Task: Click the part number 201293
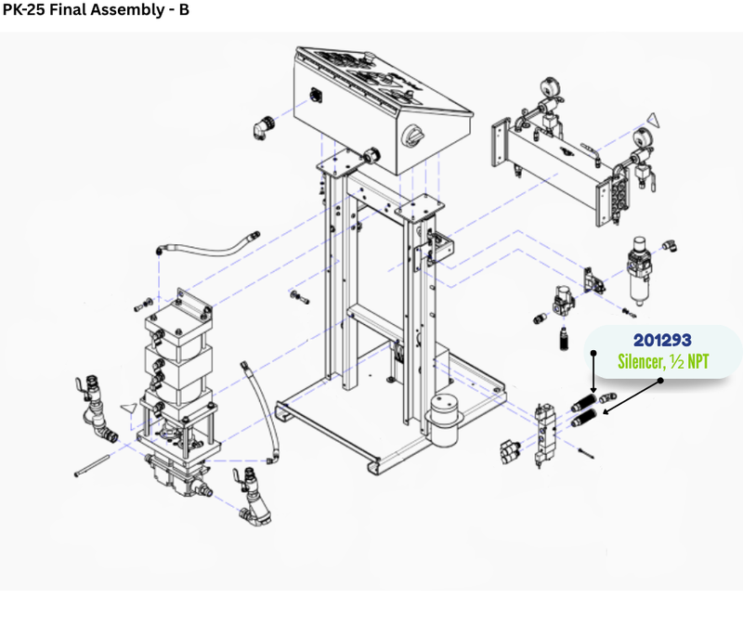[x=662, y=340]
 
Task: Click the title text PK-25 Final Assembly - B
[x=97, y=9]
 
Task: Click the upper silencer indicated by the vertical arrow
[x=584, y=402]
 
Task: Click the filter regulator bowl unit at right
[x=639, y=271]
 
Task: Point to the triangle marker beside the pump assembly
[x=129, y=409]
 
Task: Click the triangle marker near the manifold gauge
[x=654, y=120]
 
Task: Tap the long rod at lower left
[x=92, y=465]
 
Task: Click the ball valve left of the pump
[x=94, y=409]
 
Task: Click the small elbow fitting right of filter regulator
[x=670, y=245]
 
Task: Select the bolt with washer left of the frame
[x=299, y=297]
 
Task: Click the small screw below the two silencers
[x=587, y=453]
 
